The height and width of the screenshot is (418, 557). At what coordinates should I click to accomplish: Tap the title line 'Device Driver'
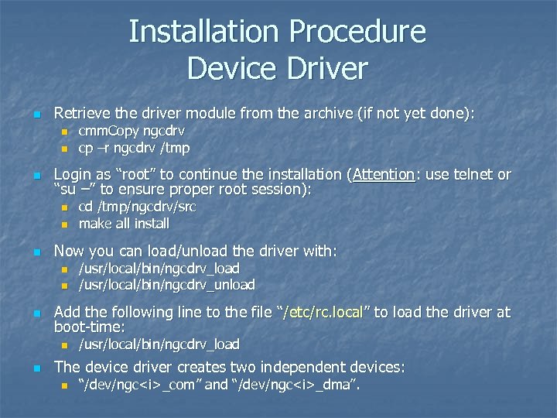click(x=277, y=68)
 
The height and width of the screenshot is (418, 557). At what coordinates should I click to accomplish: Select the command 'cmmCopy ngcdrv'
click(x=132, y=132)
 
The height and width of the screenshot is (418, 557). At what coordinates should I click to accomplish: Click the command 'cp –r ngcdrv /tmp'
click(x=134, y=147)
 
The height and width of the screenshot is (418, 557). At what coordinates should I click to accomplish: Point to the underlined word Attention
click(x=383, y=175)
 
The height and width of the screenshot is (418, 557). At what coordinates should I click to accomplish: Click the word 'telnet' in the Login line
click(x=475, y=175)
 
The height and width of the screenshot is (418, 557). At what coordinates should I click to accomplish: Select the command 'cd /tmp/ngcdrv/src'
click(x=137, y=207)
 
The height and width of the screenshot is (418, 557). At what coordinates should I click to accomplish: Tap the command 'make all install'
click(x=124, y=224)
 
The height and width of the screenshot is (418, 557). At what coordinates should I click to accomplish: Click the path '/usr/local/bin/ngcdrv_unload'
click(x=166, y=284)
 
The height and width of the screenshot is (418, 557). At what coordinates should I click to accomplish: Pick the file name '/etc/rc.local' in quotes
click(x=324, y=313)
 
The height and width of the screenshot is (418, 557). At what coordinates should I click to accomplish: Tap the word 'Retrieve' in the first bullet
click(x=81, y=114)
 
